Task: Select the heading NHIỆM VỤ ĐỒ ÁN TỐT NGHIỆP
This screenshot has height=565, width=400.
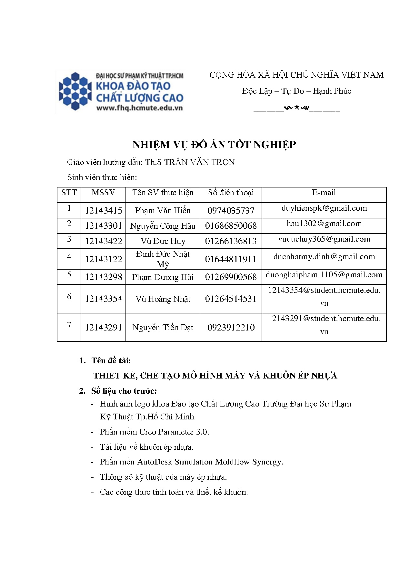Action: pos(214,145)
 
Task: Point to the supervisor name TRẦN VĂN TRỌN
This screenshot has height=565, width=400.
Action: pos(199,162)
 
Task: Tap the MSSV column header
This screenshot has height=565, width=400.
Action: pos(103,193)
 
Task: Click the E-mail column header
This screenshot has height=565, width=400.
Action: pos(324,193)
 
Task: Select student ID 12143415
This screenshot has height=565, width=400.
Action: pos(104,211)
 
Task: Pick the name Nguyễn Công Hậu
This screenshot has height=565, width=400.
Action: pos(163,226)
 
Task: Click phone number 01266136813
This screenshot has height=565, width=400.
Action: pos(231,241)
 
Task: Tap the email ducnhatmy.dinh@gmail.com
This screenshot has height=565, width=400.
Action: pos(324,257)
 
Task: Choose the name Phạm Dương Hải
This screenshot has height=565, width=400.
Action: pos(163,277)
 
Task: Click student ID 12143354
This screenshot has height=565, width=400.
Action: pos(104,299)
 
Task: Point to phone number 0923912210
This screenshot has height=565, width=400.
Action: pos(231,328)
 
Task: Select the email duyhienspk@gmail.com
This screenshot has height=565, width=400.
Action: pos(324,208)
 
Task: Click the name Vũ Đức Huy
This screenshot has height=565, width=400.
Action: pos(163,241)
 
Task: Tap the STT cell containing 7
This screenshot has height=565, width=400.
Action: pos(69,325)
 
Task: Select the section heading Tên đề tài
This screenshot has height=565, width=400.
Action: pos(111,360)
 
